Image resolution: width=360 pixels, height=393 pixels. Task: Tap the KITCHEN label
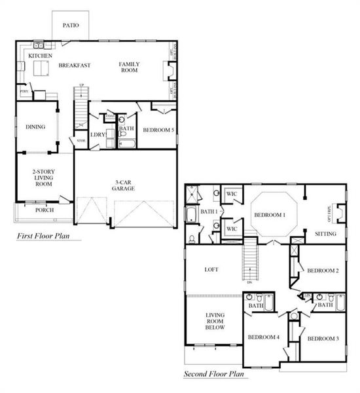click(39, 56)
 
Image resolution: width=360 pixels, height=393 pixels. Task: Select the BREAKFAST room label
click(74, 65)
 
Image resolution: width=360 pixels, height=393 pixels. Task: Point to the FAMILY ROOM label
click(130, 67)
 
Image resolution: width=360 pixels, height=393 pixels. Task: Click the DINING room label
click(35, 126)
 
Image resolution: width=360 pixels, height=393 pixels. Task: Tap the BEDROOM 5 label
click(158, 130)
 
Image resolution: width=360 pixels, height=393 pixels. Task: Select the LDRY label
click(98, 136)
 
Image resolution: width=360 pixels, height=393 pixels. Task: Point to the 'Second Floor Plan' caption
click(213, 375)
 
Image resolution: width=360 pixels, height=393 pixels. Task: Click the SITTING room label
click(325, 234)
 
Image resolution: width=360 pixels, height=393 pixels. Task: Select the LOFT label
click(211, 269)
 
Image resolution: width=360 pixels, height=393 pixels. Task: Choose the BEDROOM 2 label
click(323, 271)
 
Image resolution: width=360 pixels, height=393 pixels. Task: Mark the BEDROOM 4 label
click(264, 338)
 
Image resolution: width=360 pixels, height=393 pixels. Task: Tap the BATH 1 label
click(208, 212)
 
